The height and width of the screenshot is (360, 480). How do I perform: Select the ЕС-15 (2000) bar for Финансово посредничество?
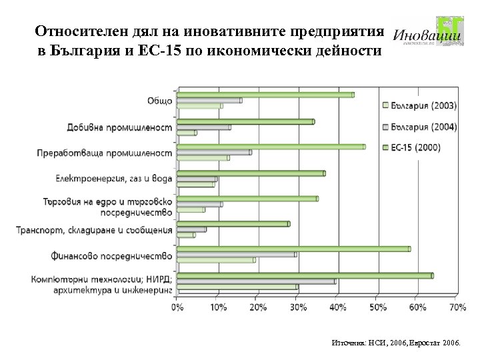293,249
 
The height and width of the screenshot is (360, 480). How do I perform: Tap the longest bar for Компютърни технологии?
305,275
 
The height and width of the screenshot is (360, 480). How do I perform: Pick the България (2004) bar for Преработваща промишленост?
214,152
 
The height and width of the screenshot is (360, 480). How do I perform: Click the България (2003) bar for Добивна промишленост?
187,133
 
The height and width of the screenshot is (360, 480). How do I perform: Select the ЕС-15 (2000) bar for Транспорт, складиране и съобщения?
233,223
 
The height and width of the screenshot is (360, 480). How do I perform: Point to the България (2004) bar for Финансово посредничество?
237,254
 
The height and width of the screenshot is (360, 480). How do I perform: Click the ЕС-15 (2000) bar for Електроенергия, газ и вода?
251,173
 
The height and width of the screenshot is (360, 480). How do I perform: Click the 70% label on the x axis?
457,307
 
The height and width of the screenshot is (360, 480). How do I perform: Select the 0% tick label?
177,307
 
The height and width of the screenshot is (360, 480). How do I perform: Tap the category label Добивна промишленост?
129,127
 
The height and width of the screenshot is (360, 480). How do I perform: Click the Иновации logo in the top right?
427,33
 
